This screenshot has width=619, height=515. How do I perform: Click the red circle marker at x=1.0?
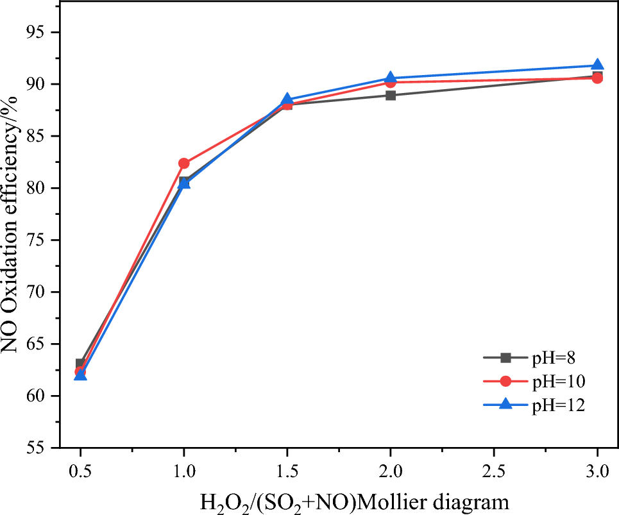(184, 164)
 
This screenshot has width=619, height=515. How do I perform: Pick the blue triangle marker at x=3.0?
(597, 65)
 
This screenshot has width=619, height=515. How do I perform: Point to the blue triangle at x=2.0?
(391, 78)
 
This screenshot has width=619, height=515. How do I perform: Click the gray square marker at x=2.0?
(391, 96)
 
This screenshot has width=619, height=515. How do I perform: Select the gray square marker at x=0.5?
(80, 364)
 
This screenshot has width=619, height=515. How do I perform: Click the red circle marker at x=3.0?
(597, 78)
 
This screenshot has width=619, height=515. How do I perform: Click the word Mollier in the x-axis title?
(414, 500)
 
